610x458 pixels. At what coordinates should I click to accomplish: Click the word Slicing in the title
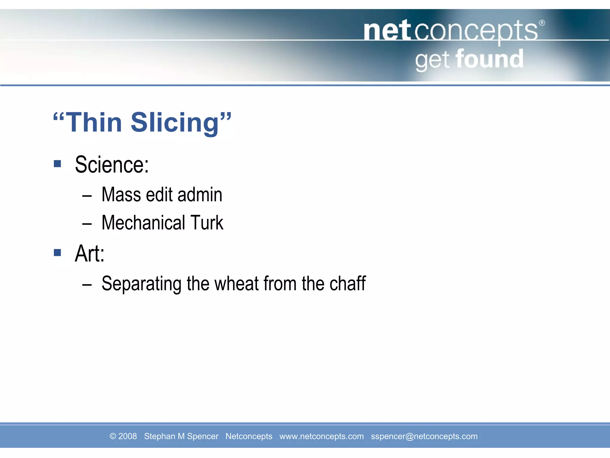(175, 123)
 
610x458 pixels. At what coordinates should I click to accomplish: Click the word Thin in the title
(94, 123)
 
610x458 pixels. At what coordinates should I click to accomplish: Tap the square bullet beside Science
(57, 163)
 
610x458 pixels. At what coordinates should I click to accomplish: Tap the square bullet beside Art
(57, 253)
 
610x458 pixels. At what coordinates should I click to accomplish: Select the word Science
(112, 165)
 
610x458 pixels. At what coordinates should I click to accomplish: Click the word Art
(89, 254)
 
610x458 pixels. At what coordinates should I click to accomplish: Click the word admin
(200, 195)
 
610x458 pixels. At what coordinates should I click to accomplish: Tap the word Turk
(207, 223)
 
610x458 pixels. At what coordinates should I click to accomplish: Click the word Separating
(141, 284)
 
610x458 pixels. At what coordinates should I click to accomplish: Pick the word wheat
(236, 284)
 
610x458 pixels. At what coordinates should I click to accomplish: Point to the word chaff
(348, 284)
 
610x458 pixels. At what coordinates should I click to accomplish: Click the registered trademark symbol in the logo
(542, 23)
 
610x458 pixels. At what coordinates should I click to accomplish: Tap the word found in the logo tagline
(489, 59)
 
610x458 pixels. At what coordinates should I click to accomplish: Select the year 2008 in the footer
(127, 436)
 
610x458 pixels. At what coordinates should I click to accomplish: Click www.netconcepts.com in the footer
(321, 436)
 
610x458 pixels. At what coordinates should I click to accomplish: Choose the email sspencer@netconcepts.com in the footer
(424, 436)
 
